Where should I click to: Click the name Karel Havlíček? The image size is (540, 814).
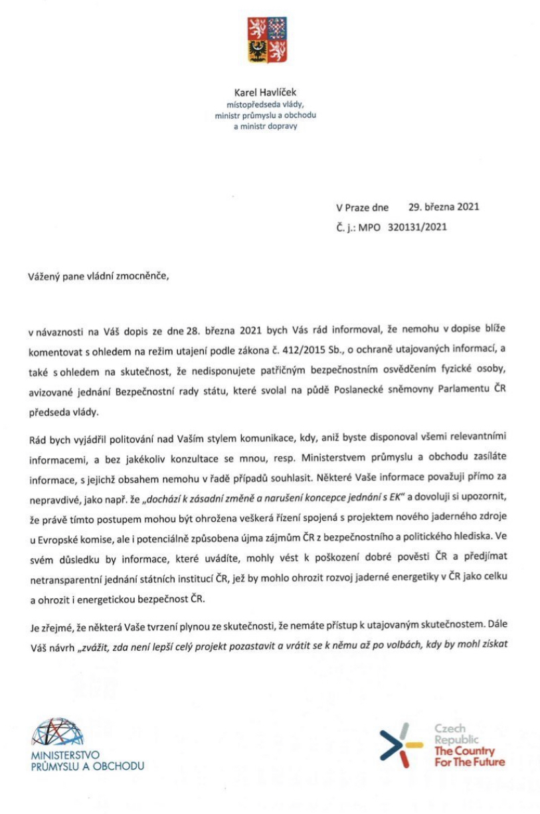[266, 94]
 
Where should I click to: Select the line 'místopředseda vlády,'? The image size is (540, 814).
[266, 105]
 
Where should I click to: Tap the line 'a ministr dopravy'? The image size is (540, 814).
[266, 126]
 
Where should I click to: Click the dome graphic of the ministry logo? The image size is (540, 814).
[58, 732]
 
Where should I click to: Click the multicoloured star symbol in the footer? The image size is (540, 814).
[401, 743]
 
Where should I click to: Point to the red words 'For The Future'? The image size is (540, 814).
[470, 762]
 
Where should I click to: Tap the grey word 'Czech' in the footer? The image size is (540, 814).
[450, 729]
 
